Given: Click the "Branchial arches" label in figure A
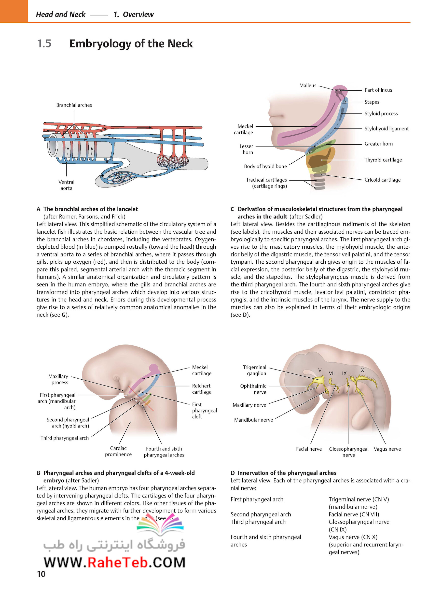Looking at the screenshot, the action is [x=74, y=105].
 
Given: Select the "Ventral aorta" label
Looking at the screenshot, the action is [x=66, y=185].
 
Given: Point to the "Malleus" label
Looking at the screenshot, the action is [x=308, y=86].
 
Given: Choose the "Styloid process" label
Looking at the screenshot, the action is [x=381, y=114].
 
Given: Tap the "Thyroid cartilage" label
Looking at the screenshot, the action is [x=383, y=160].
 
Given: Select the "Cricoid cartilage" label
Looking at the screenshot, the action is [x=383, y=180].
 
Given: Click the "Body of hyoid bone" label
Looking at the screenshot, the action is [x=265, y=166].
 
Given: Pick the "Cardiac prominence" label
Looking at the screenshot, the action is [x=118, y=451].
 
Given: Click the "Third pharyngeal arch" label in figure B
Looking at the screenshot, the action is [x=65, y=438].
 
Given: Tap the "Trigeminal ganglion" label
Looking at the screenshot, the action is [x=254, y=370].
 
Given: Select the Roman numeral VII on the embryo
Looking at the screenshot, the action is [x=332, y=373].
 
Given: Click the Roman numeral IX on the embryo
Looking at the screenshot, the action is [x=344, y=373].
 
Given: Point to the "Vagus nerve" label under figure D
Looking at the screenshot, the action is [x=387, y=449].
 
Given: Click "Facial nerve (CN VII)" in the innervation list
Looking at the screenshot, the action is [x=354, y=514].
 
